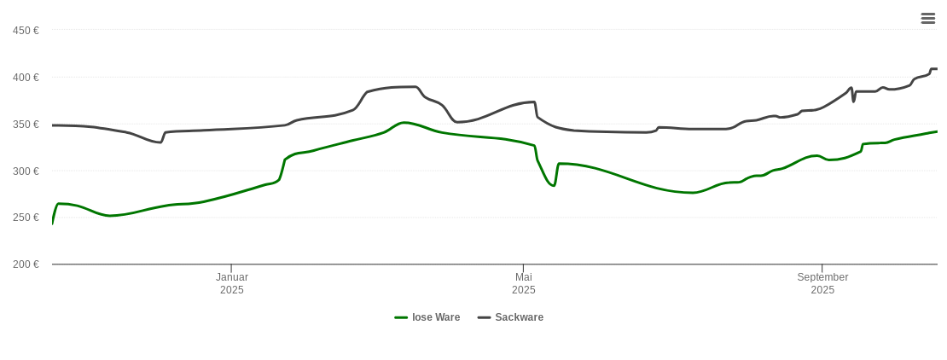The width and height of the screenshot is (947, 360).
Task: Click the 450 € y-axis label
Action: pyautogui.click(x=26, y=31)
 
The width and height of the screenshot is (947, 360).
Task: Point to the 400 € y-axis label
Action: pyautogui.click(x=26, y=78)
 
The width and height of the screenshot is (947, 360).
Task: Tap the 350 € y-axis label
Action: pyautogui.click(x=26, y=125)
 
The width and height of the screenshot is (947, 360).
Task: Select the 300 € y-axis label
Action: pyautogui.click(x=26, y=171)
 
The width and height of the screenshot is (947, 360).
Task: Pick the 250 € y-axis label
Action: pyautogui.click(x=26, y=218)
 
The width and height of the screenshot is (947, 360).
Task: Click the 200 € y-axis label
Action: pyautogui.click(x=26, y=264)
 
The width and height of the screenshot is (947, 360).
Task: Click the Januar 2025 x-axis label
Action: pyautogui.click(x=232, y=283)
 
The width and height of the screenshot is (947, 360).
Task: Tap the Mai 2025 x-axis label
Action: pyautogui.click(x=524, y=283)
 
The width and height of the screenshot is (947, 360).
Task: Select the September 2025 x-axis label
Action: pyautogui.click(x=822, y=283)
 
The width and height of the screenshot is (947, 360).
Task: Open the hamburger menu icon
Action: pyautogui.click(x=928, y=18)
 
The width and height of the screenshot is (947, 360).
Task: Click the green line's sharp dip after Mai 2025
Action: pyautogui.click(x=554, y=185)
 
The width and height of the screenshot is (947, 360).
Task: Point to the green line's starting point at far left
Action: pyautogui.click(x=53, y=223)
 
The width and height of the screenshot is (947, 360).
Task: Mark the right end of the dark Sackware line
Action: pyautogui.click(x=936, y=69)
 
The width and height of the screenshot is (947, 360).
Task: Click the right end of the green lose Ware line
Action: pyautogui.click(x=937, y=131)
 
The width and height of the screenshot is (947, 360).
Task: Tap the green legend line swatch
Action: pyautogui.click(x=401, y=317)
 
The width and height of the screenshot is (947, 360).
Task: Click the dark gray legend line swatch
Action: pyautogui.click(x=484, y=317)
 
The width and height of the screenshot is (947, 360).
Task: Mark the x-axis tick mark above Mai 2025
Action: pyautogui.click(x=523, y=268)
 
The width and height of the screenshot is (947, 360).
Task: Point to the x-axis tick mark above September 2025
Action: pyautogui.click(x=822, y=268)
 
